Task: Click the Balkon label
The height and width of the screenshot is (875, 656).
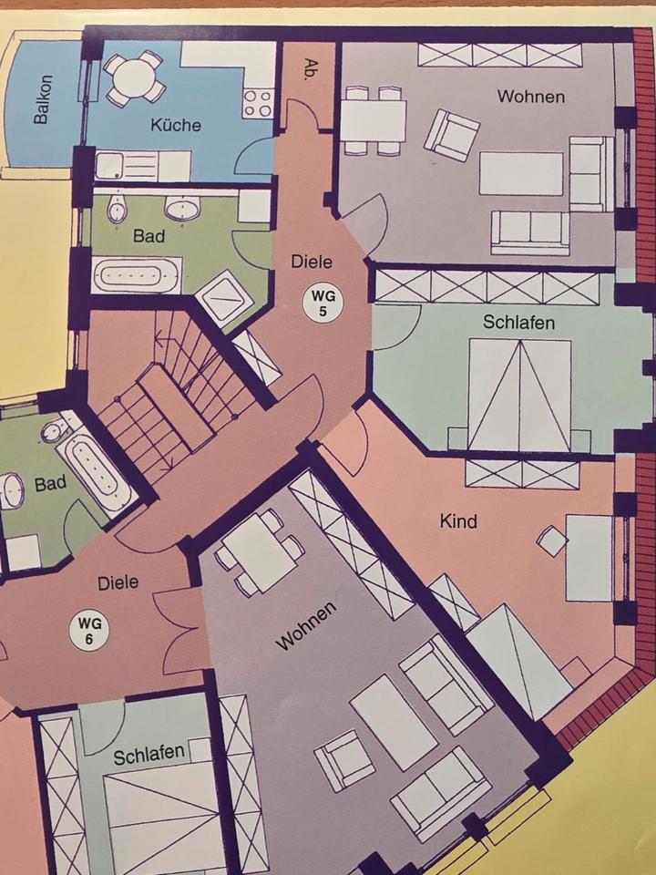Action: pos(43,99)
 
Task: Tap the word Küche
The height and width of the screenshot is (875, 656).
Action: pos(176,125)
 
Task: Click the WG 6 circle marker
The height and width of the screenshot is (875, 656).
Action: pos(88,631)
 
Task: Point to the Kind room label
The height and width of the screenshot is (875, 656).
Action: pos(458,521)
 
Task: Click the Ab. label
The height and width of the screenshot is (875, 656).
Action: pos(308,70)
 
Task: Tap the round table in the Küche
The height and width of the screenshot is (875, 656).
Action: pos(135,78)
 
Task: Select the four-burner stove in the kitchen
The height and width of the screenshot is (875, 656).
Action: pos(258,103)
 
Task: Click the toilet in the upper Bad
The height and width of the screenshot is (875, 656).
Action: pos(117,208)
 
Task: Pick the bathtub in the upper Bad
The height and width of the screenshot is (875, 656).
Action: pos(138,275)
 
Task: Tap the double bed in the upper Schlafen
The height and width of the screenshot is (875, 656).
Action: pos(519,394)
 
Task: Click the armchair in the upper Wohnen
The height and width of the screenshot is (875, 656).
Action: pos(452,136)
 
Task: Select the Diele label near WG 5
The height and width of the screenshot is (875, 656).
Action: pos(312,262)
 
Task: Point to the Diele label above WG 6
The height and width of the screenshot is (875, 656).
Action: pos(118,583)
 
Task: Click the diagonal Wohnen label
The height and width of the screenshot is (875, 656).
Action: pos(307,625)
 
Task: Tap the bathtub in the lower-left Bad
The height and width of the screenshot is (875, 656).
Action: pos(96,473)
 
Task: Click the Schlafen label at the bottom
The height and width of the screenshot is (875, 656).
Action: pos(149,755)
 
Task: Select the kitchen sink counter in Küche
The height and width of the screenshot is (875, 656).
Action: pos(143,166)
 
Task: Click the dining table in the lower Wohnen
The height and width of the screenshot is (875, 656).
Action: pos(259,553)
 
